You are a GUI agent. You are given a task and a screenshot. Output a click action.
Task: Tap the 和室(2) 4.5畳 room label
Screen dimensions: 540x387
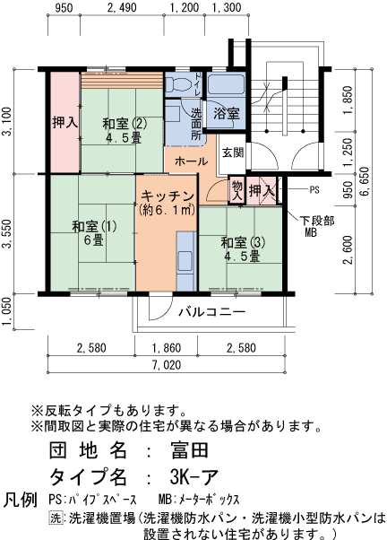click(x=123, y=131)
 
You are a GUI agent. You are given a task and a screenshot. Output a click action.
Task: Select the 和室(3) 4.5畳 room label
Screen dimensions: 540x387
click(x=242, y=248)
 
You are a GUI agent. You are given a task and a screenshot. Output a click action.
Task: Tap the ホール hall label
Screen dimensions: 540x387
click(x=191, y=161)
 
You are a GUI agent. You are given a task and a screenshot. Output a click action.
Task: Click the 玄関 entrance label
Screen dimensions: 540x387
click(x=232, y=152)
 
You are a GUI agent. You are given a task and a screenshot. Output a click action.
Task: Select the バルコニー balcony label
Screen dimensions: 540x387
click(x=211, y=312)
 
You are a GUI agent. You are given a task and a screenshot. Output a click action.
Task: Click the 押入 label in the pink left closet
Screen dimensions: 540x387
click(x=64, y=120)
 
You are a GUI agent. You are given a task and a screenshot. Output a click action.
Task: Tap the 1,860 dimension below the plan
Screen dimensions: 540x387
click(x=167, y=347)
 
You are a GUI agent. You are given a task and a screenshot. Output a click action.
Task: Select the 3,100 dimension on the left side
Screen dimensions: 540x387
click(x=7, y=121)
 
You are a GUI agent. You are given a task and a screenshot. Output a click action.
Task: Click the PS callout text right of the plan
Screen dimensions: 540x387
click(x=314, y=190)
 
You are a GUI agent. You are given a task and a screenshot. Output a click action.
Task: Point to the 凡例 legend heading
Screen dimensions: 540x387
click(x=21, y=499)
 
